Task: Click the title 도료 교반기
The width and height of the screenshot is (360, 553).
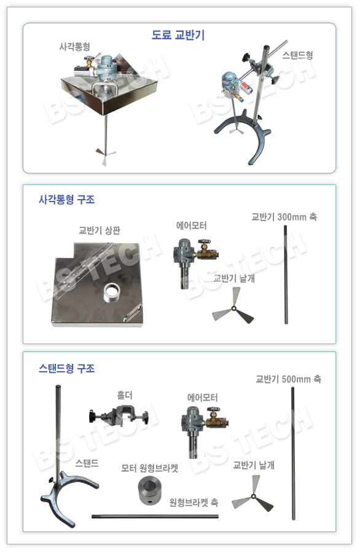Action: coord(178,34)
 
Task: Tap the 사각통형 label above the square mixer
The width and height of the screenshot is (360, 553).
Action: coord(74,47)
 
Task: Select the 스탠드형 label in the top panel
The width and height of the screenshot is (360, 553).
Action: coord(297,55)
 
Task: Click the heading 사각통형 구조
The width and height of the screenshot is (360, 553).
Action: coord(66,200)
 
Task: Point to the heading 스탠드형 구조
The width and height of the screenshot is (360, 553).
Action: coord(66,369)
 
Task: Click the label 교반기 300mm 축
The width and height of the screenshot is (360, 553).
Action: coord(284,216)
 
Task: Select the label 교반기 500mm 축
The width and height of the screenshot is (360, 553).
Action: coord(288,379)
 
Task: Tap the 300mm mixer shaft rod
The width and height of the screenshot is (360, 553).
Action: coord(286,275)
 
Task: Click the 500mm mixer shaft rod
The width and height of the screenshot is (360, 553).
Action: coord(292,453)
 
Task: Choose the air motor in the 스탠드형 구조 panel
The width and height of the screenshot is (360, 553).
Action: coord(205,430)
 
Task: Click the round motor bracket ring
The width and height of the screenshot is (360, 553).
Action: coord(149,490)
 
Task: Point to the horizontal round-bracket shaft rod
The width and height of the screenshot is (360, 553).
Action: coord(155,517)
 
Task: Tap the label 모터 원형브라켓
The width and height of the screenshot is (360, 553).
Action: coord(149,468)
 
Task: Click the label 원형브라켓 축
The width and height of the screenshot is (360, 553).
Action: coord(194,502)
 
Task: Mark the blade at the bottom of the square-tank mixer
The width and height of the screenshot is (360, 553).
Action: coord(106,154)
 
